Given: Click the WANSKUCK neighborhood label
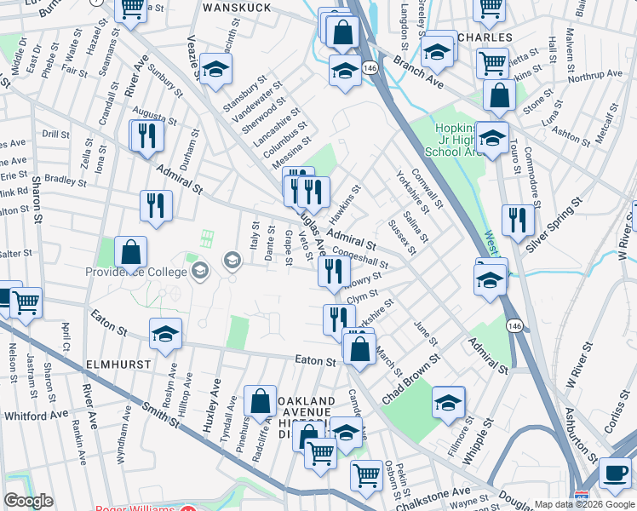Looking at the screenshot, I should pos(237,8).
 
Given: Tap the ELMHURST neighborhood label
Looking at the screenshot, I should pos(118,364).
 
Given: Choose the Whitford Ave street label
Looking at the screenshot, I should pos(36,415).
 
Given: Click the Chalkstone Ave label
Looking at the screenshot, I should pos(438,493).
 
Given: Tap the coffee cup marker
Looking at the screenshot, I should pos(615,474).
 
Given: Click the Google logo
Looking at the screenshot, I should pos(29,502).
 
